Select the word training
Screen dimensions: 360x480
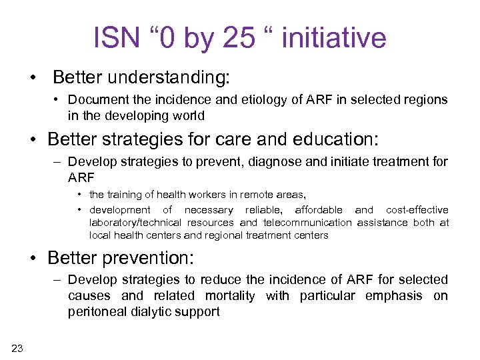[125, 195]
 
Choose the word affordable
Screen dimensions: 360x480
[319, 209]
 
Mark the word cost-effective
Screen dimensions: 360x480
[417, 209]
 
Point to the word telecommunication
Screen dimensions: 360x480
[307, 222]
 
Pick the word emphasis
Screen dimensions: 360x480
[394, 295]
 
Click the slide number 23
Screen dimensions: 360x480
[17, 347]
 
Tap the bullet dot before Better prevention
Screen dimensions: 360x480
[33, 257]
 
